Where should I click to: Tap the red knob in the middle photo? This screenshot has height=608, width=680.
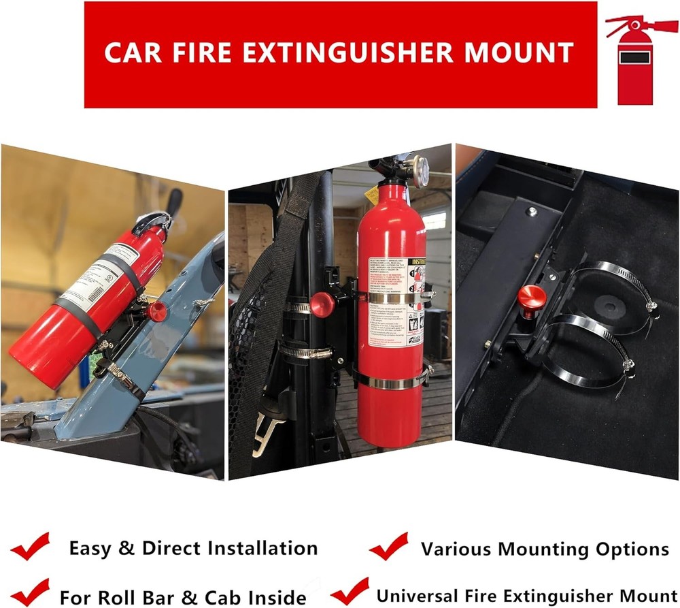[323, 304]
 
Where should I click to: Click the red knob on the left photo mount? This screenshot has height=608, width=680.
[157, 311]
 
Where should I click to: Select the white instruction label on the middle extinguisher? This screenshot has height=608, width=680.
[397, 300]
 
